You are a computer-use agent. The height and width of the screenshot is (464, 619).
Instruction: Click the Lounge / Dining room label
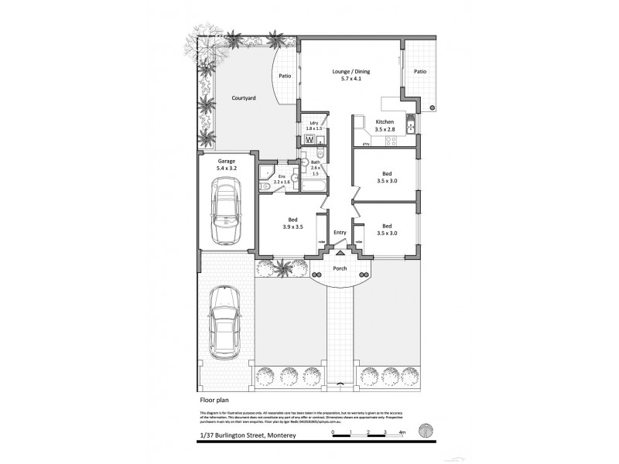351,75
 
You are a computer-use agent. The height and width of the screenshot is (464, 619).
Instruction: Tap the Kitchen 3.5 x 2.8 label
385,127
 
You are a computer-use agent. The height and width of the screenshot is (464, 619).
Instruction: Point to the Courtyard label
244,99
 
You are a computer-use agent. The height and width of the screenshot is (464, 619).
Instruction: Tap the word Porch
340,269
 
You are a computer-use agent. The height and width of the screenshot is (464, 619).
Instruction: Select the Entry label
340,233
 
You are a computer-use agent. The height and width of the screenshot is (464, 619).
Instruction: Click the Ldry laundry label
314,126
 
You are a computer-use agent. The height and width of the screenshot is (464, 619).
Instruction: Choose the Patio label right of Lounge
420,71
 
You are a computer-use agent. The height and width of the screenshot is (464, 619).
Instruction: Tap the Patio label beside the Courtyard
285,76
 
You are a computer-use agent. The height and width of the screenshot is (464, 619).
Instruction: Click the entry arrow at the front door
340,252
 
